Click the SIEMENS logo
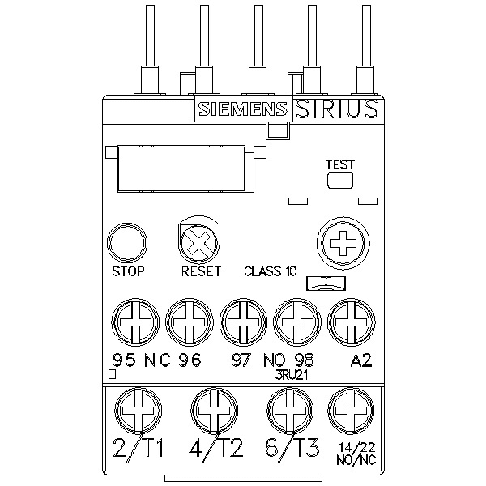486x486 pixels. (x=243, y=109)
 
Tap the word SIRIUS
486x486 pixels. (x=336, y=109)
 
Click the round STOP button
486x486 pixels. (x=127, y=243)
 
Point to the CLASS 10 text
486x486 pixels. (x=271, y=271)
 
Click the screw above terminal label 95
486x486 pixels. (x=135, y=322)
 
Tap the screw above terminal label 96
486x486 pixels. (x=189, y=322)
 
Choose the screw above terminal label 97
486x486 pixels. (x=243, y=322)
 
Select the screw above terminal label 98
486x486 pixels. (x=297, y=322)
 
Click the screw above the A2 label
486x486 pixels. (x=351, y=322)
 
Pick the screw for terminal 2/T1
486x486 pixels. (x=138, y=411)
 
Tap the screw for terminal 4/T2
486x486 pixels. (x=214, y=411)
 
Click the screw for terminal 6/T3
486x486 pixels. (x=290, y=411)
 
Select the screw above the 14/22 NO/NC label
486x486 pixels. (x=351, y=411)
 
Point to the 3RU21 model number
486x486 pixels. (x=292, y=375)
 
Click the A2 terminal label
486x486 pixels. (x=360, y=360)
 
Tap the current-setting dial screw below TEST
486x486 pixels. (x=343, y=243)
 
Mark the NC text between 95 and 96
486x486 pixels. (x=157, y=360)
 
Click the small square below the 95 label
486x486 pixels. (x=113, y=374)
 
